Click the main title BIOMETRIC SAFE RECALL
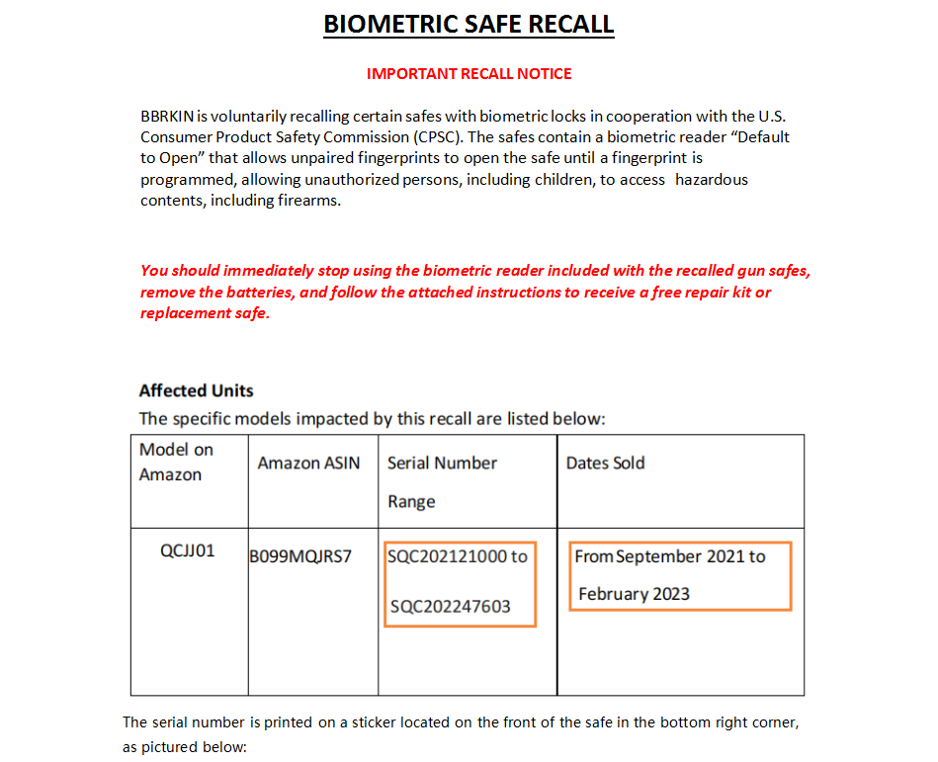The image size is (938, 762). pos(469,24)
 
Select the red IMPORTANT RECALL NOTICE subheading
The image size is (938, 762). pos(469,74)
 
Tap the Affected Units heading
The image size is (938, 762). pos(196,390)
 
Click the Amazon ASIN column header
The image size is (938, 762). pos(308,463)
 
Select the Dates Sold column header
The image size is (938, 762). pos(605,463)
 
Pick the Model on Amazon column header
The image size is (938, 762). pos(176,462)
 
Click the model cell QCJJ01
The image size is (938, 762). pos(188,550)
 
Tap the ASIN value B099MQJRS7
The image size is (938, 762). pos(300,556)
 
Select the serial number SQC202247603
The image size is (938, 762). pos(450,606)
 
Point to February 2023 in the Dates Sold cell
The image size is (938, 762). pos(634,594)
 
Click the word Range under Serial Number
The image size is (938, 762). pos(411,501)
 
